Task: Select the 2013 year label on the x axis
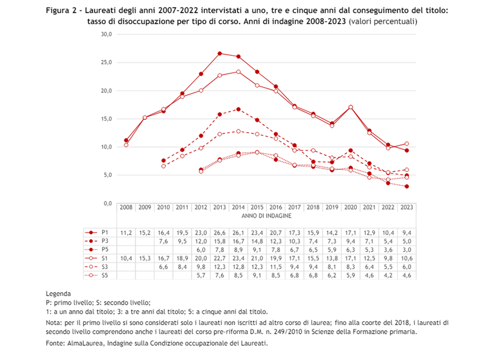(x=219, y=207)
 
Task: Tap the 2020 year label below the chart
(x=351, y=207)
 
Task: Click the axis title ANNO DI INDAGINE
(x=266, y=215)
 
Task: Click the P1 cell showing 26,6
(x=219, y=232)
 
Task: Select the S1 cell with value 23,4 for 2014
(x=238, y=258)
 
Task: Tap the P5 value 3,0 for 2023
(x=407, y=249)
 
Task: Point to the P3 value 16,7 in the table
(x=238, y=241)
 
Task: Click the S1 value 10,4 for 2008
(x=126, y=258)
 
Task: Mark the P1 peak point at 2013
(x=219, y=54)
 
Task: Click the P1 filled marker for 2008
(x=126, y=140)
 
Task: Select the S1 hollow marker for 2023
(x=407, y=143)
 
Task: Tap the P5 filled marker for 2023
(x=407, y=186)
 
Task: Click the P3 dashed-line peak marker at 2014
(x=238, y=109)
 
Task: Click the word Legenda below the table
(x=59, y=294)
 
